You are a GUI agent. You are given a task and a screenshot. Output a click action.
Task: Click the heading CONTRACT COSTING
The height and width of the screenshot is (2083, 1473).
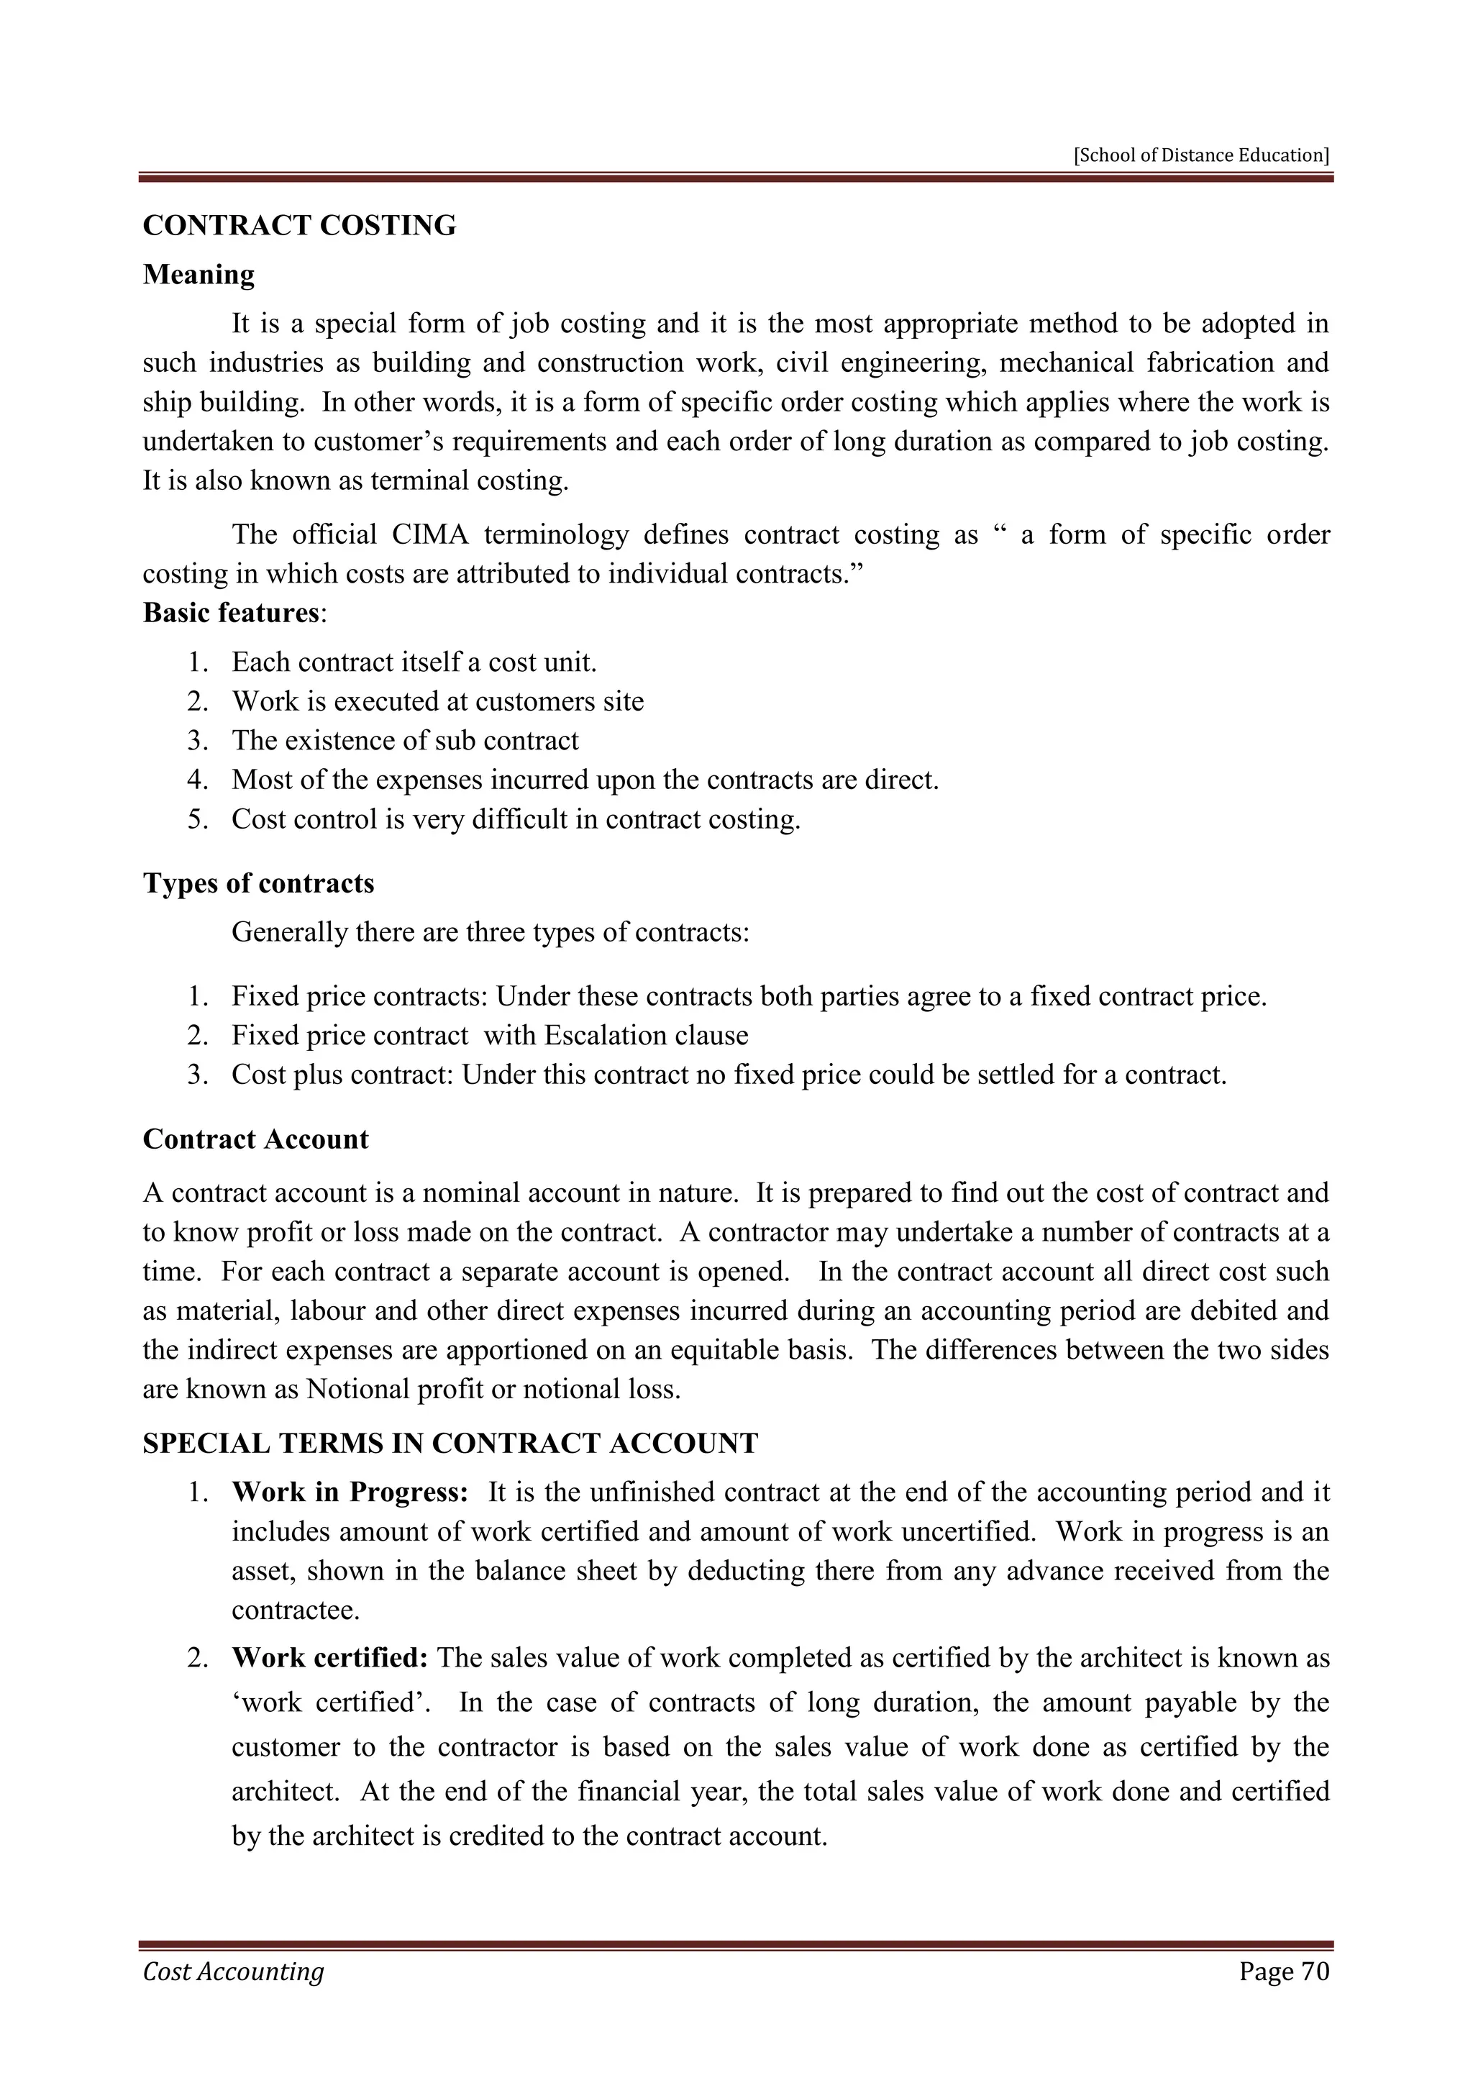tap(299, 225)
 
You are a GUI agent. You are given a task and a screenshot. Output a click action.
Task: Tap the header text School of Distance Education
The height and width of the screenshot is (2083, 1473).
tap(1201, 155)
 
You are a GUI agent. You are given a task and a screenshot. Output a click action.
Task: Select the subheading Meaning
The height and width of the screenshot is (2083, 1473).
tap(199, 274)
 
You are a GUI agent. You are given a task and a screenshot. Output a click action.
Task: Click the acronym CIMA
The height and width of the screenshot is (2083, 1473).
tap(430, 534)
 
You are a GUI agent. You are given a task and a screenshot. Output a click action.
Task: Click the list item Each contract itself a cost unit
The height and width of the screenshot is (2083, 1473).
tap(414, 662)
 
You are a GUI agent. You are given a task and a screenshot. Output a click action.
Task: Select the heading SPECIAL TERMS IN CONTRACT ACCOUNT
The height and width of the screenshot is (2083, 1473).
tap(450, 1444)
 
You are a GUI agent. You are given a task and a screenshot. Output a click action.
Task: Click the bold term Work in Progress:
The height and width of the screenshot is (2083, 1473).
tap(350, 1492)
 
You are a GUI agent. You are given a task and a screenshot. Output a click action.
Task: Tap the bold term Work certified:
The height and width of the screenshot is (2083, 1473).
tap(329, 1659)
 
